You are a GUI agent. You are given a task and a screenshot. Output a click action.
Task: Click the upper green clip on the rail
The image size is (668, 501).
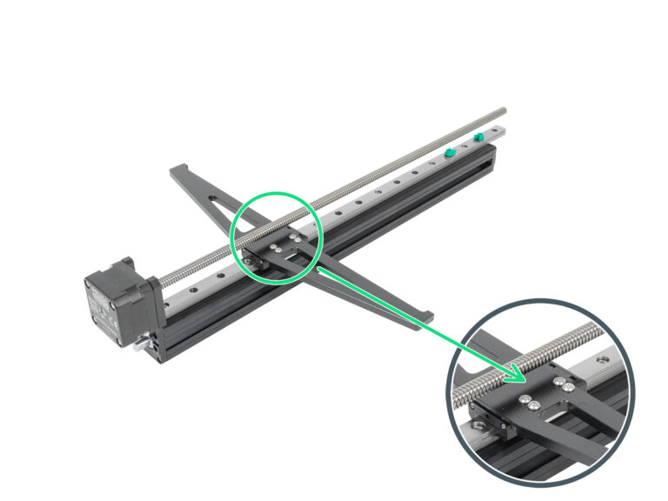479,137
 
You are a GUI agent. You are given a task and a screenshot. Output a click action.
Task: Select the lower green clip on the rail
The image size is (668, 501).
450,152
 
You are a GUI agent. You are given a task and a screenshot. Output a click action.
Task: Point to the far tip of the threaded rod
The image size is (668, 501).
504,110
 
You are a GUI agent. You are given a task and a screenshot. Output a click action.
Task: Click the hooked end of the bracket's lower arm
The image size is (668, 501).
424,314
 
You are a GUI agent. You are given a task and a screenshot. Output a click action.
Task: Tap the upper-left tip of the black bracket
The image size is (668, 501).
177,167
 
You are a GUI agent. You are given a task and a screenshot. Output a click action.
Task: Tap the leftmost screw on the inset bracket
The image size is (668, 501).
527,399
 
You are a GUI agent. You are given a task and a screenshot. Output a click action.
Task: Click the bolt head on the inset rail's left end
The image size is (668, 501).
478,425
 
